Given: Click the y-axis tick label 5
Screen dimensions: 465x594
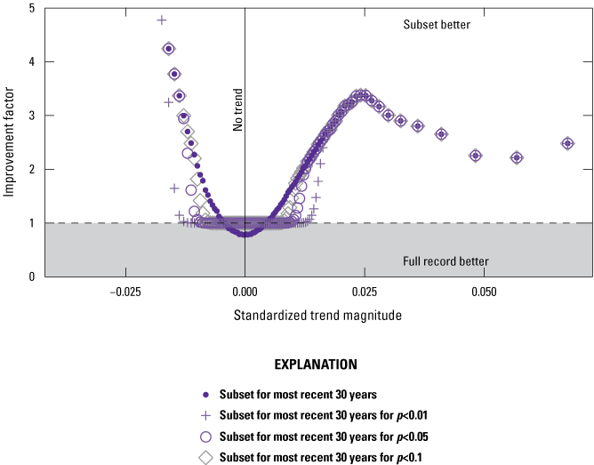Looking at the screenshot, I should (32, 9).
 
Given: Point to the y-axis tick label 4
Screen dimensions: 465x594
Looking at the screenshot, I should (32, 62).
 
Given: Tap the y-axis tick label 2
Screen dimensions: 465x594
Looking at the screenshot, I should (32, 169).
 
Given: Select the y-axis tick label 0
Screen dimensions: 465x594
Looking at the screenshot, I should (32, 277).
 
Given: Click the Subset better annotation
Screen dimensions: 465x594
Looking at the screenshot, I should (437, 25).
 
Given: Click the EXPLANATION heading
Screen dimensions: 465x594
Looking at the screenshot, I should (315, 365).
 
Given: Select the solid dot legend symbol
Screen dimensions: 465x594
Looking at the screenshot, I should (205, 393).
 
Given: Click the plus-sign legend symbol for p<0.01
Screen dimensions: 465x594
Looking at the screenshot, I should (205, 414).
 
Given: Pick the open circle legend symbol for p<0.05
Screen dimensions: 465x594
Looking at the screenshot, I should (205, 437).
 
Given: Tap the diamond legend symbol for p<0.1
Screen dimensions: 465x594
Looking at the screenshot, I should (205, 458).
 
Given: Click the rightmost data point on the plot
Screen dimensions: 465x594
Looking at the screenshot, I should (567, 143).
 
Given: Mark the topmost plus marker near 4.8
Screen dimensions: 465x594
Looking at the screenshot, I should (162, 20).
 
